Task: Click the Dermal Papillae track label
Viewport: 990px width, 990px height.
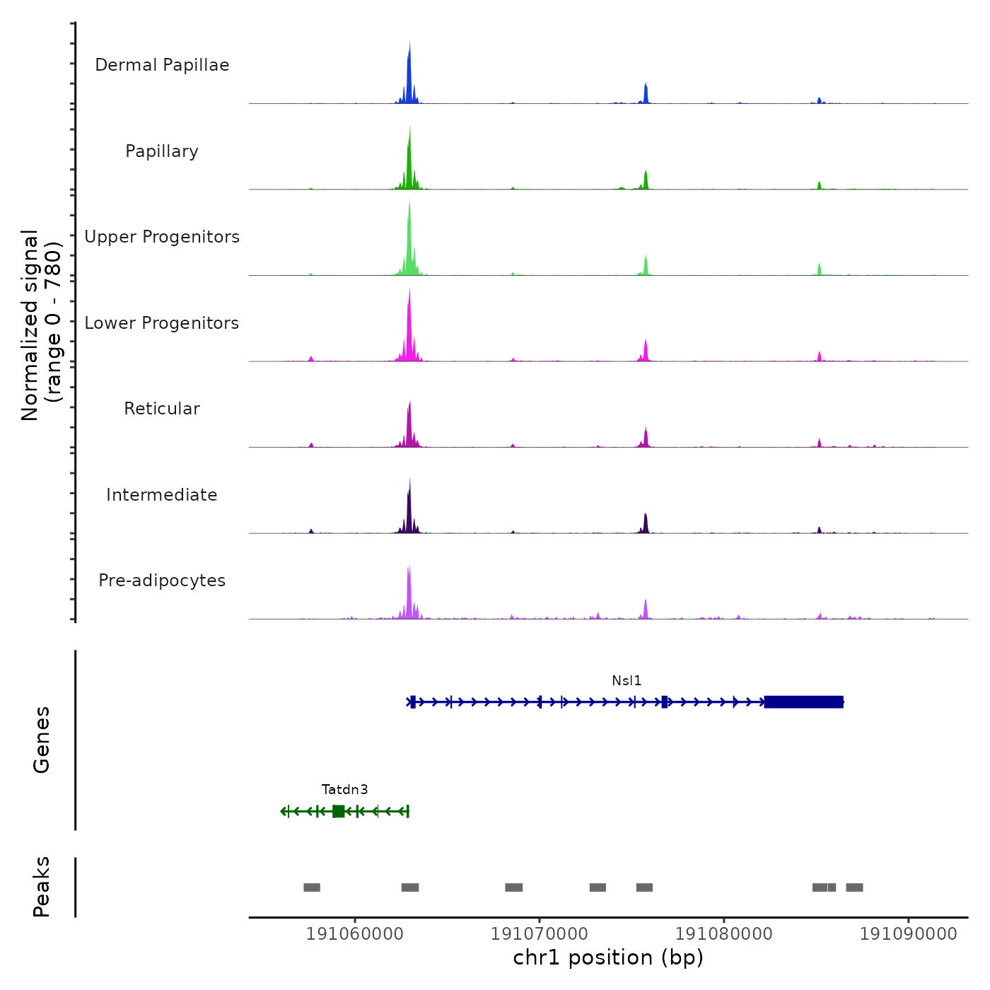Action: (162, 65)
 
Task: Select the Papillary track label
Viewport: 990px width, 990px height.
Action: (162, 151)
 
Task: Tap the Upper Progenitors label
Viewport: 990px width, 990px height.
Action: (162, 237)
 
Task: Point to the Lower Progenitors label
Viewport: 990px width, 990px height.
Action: (162, 323)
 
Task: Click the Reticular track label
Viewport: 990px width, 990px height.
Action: (162, 409)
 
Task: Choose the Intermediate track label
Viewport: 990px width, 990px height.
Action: (162, 495)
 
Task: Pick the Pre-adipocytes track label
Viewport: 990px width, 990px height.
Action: (162, 581)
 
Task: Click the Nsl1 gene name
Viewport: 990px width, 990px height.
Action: (627, 681)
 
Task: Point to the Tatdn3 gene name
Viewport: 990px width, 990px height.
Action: (344, 790)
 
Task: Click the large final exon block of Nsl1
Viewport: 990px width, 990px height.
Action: (804, 702)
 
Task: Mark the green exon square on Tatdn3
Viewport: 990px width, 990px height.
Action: (339, 811)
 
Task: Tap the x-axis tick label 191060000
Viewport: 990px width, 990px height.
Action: (355, 934)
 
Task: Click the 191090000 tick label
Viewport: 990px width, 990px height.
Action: (909, 934)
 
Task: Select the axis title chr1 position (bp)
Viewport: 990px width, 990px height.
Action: (608, 958)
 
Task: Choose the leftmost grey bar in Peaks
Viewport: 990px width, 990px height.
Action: (312, 887)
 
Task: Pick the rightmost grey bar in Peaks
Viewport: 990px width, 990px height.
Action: (854, 887)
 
